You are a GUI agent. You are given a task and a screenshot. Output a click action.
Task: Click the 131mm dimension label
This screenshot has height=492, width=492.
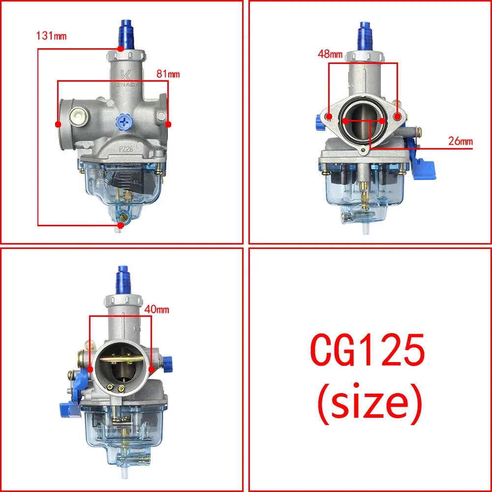click(x=51, y=36)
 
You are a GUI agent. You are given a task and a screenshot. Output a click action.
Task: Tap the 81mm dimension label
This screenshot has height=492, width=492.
click(x=168, y=74)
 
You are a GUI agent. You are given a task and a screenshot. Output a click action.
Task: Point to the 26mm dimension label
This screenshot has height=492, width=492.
click(x=460, y=141)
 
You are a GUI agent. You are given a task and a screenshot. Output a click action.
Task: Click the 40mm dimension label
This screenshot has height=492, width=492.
click(x=157, y=309)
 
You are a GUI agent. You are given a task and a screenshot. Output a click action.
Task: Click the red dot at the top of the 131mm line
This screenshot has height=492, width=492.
click(x=121, y=49)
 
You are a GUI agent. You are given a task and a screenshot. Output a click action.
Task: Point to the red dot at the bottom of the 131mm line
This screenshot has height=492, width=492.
click(x=121, y=225)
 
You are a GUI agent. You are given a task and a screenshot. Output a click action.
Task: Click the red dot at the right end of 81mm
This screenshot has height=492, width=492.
click(x=168, y=124)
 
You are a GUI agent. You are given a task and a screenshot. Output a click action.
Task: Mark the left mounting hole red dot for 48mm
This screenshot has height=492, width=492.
click(x=330, y=117)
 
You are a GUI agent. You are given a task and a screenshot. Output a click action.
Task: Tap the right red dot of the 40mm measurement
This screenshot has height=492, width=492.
click(x=151, y=369)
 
